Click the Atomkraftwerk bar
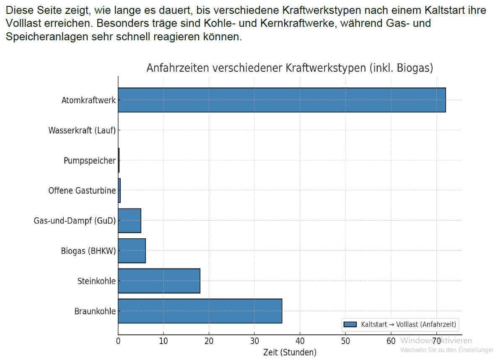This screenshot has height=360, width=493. point(282,100)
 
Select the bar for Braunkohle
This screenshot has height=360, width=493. point(200,311)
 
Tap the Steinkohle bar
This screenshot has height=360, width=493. point(159,281)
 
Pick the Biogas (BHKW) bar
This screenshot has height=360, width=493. point(132,250)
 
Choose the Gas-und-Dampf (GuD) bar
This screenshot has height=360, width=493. point(130,220)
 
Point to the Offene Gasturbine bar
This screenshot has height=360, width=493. point(119,190)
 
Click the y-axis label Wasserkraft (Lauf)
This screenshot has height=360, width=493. point(82,130)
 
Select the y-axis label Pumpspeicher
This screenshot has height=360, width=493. point(89,161)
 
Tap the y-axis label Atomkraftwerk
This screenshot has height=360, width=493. point(88,100)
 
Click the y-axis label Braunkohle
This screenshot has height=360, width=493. point(95,311)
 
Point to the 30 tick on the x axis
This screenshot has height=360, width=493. point(254,340)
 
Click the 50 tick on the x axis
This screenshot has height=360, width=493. point(345,340)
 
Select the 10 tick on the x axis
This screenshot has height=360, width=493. point(163,340)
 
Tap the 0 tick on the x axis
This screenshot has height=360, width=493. point(118,340)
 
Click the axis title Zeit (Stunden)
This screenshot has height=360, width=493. point(290,352)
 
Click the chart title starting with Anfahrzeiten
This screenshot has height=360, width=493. point(290,68)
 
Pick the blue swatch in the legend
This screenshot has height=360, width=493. point(350,324)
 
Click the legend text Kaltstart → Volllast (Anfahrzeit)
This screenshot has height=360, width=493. point(408,324)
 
